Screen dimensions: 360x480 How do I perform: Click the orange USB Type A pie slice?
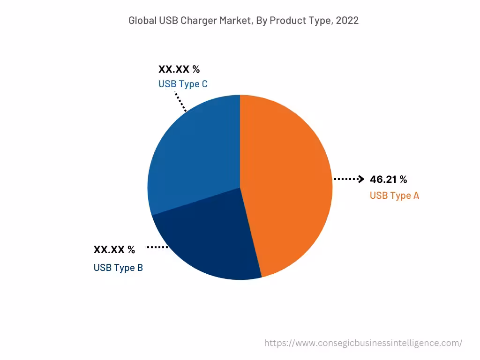pyautogui.click(x=286, y=187)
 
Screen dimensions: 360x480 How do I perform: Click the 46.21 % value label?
pyautogui.click(x=388, y=179)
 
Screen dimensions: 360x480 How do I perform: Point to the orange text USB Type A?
pyautogui.click(x=394, y=195)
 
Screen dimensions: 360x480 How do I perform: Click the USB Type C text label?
pyautogui.click(x=183, y=84)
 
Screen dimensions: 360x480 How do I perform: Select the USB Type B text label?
pyautogui.click(x=118, y=268)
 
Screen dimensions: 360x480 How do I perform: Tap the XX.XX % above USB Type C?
pyautogui.click(x=179, y=69)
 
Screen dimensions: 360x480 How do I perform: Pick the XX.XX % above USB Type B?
pyautogui.click(x=114, y=250)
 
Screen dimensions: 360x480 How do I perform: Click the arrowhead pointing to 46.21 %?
pyautogui.click(x=361, y=179)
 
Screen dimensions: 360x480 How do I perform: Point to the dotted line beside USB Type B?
pyautogui.click(x=157, y=247)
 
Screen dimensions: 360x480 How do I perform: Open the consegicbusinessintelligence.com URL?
pyautogui.click(x=363, y=343)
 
